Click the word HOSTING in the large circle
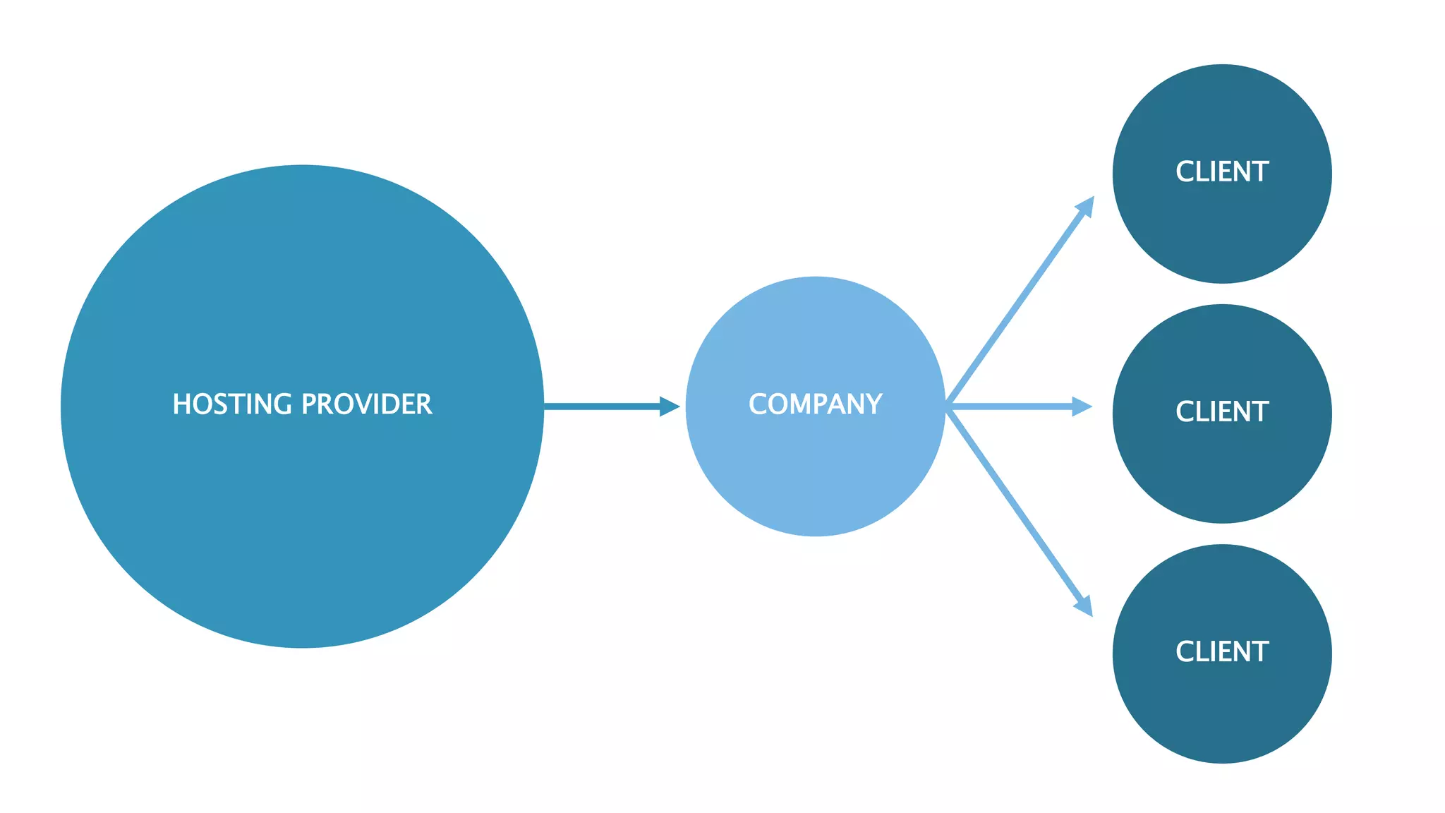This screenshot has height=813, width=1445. (232, 404)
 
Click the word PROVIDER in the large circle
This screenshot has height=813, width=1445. (367, 404)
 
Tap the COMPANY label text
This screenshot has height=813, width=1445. (815, 404)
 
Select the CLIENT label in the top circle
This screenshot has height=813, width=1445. (1222, 172)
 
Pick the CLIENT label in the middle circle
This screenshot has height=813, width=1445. (1222, 412)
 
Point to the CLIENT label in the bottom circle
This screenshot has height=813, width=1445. (1222, 652)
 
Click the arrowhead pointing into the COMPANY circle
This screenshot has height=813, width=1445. (669, 406)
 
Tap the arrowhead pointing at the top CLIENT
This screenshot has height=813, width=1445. (1086, 206)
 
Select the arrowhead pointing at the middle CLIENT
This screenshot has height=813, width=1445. (1082, 406)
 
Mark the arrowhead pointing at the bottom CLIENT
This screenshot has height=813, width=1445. (1084, 606)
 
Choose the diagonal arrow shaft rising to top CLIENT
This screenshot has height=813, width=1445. (1016, 303)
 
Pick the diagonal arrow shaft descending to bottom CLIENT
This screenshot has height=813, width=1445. (1016, 510)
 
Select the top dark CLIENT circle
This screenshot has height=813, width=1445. (1222, 233)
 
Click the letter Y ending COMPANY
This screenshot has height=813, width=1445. (873, 404)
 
